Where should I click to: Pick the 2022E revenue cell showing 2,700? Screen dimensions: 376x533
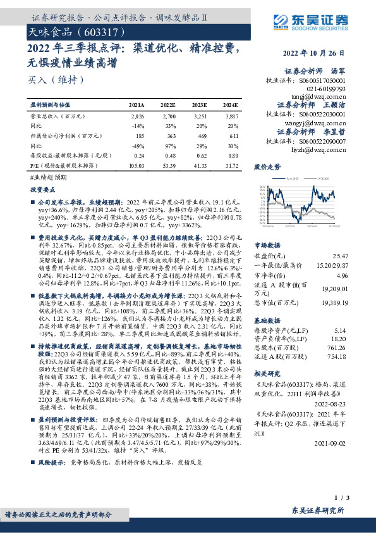pyautogui.click(x=167, y=117)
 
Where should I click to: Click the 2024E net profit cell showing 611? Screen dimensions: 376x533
pyautogui.click(x=233, y=135)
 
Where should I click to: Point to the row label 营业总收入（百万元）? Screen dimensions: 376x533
pyautogui.click(x=57, y=117)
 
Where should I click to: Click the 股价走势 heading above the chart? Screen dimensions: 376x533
pyautogui.click(x=267, y=168)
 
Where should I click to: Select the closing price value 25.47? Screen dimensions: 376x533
pyautogui.click(x=340, y=255)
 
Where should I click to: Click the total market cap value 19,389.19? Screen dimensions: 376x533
pyautogui.click(x=334, y=303)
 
